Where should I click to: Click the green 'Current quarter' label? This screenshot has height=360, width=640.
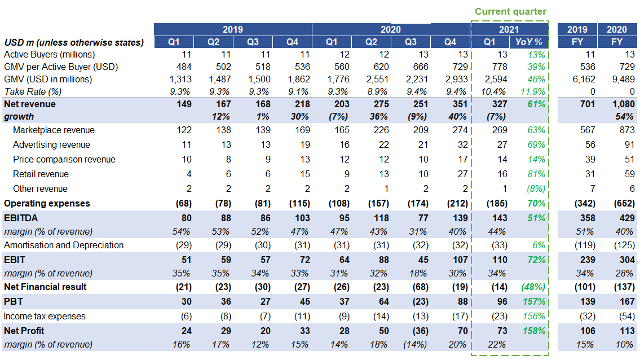click(510, 11)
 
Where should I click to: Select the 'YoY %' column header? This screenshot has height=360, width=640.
click(529, 42)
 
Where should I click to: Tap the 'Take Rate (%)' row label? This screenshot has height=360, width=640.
click(33, 91)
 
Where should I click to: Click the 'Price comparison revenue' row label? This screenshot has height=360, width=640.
click(64, 159)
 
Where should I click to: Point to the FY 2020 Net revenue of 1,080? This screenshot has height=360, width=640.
click(623, 104)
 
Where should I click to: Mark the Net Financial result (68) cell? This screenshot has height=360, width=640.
click(418, 287)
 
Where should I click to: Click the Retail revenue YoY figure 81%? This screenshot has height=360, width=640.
click(536, 174)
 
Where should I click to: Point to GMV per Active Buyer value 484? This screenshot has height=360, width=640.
click(183, 67)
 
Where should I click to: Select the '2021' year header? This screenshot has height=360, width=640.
click(509, 29)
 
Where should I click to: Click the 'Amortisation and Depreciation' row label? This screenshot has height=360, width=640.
click(64, 245)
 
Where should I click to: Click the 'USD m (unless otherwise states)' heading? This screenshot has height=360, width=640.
click(73, 42)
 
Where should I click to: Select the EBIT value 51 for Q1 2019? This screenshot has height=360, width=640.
click(186, 260)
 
